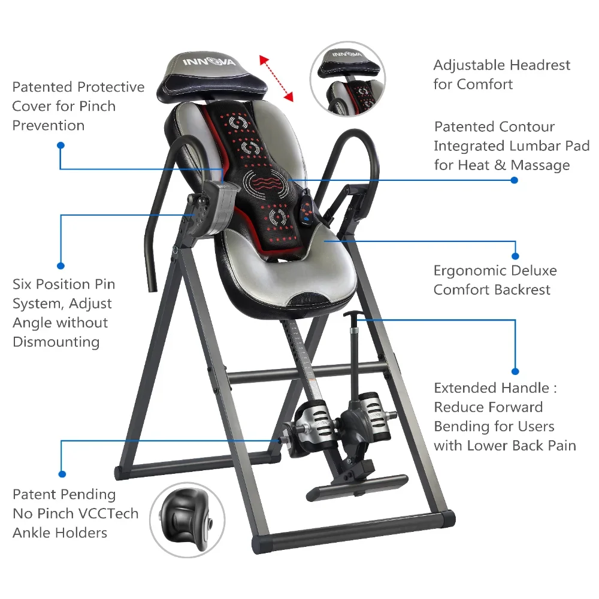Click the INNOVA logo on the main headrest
coord(208,62)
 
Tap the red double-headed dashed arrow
coord(276,78)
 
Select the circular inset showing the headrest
coord(347,79)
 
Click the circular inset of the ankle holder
coord(187,520)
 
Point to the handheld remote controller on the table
coord(306,209)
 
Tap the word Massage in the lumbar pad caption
coord(540,165)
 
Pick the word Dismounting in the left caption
coord(56,342)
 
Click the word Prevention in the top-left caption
coord(48,125)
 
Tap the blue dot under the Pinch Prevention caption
coord(60,146)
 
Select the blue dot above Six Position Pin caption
coord(60,266)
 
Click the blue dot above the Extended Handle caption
coord(515,371)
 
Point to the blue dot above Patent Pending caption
coord(62,474)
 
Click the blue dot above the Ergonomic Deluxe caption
coord(515,256)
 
